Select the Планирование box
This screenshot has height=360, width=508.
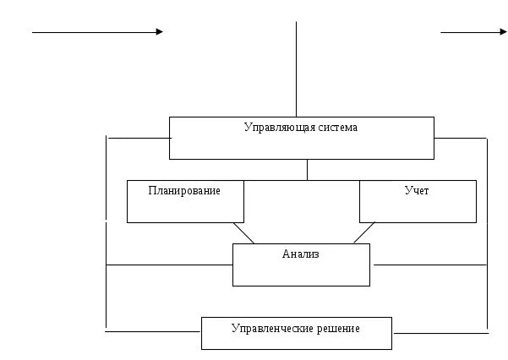click(185, 201)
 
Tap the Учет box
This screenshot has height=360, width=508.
click(418, 201)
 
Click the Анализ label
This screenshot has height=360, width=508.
click(301, 254)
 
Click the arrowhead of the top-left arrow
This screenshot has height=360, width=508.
click(159, 32)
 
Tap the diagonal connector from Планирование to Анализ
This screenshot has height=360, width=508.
click(243, 232)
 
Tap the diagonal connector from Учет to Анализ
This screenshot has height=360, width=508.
click(364, 232)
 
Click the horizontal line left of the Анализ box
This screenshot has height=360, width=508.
click(169, 265)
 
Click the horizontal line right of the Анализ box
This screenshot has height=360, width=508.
click(429, 265)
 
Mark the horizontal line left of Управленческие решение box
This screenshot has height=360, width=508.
click(152, 332)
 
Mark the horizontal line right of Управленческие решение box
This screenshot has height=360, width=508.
click(440, 332)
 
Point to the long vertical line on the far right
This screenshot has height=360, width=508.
click(488, 232)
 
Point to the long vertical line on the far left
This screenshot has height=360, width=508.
click(106, 232)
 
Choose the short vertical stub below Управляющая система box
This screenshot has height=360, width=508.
click(307, 169)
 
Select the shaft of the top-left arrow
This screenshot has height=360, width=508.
click(93, 32)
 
